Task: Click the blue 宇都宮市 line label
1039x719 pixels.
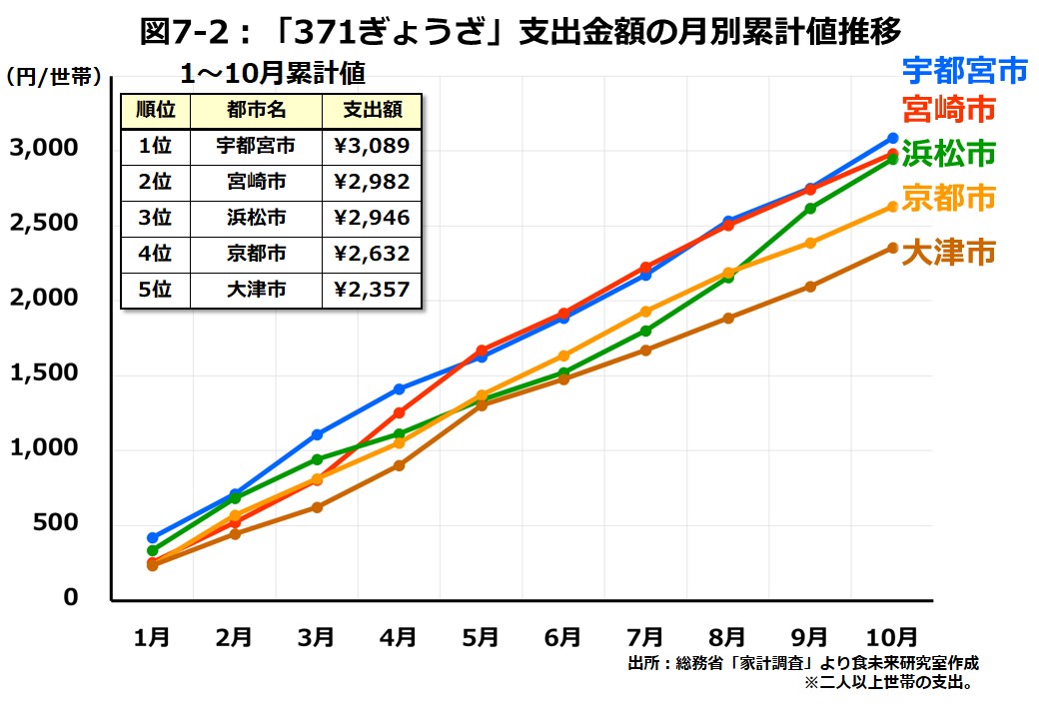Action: pyautogui.click(x=964, y=70)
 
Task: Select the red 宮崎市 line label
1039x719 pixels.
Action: pyautogui.click(x=948, y=109)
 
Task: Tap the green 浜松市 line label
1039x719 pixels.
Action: pyautogui.click(x=948, y=154)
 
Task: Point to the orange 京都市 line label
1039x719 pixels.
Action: pyautogui.click(x=948, y=199)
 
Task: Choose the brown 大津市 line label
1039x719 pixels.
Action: pyautogui.click(x=948, y=253)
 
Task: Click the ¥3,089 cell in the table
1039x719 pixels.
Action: pyautogui.click(x=372, y=146)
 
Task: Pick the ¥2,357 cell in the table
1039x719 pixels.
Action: pyautogui.click(x=372, y=291)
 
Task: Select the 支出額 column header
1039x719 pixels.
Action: pyautogui.click(x=372, y=110)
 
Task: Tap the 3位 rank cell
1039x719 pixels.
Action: pyautogui.click(x=156, y=218)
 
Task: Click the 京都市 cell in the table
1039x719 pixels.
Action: pyautogui.click(x=256, y=254)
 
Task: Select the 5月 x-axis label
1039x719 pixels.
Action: pyautogui.click(x=481, y=636)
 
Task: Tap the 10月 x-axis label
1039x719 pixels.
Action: pyautogui.click(x=890, y=636)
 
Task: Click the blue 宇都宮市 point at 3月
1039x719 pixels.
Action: pyautogui.click(x=317, y=434)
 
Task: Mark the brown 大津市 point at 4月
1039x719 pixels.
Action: pyautogui.click(x=399, y=465)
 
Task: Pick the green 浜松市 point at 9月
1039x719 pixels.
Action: pyautogui.click(x=810, y=209)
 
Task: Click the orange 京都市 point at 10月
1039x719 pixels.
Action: pyautogui.click(x=893, y=207)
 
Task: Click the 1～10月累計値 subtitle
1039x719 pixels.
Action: pyautogui.click(x=272, y=73)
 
